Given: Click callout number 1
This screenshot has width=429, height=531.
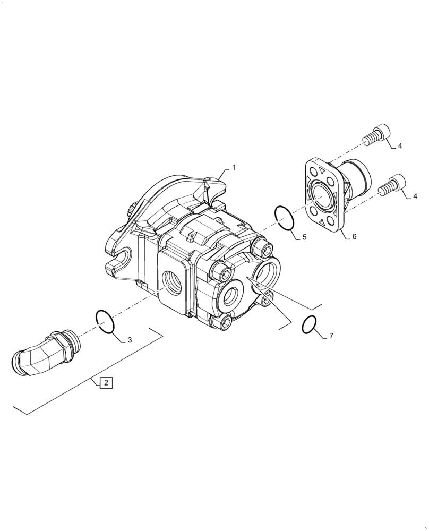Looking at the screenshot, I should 233,167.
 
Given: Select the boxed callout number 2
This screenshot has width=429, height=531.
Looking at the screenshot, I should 106,382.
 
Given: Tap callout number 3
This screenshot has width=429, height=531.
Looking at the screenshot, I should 129,340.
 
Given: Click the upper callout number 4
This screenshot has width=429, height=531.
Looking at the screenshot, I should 400,145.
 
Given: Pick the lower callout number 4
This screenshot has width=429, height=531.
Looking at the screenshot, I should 415,196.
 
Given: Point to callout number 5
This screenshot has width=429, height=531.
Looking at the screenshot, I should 304,237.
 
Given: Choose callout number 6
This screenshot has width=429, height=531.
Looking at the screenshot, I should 354,237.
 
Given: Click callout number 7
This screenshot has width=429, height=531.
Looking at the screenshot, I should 331,336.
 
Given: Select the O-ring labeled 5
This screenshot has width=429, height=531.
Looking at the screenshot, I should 284,218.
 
